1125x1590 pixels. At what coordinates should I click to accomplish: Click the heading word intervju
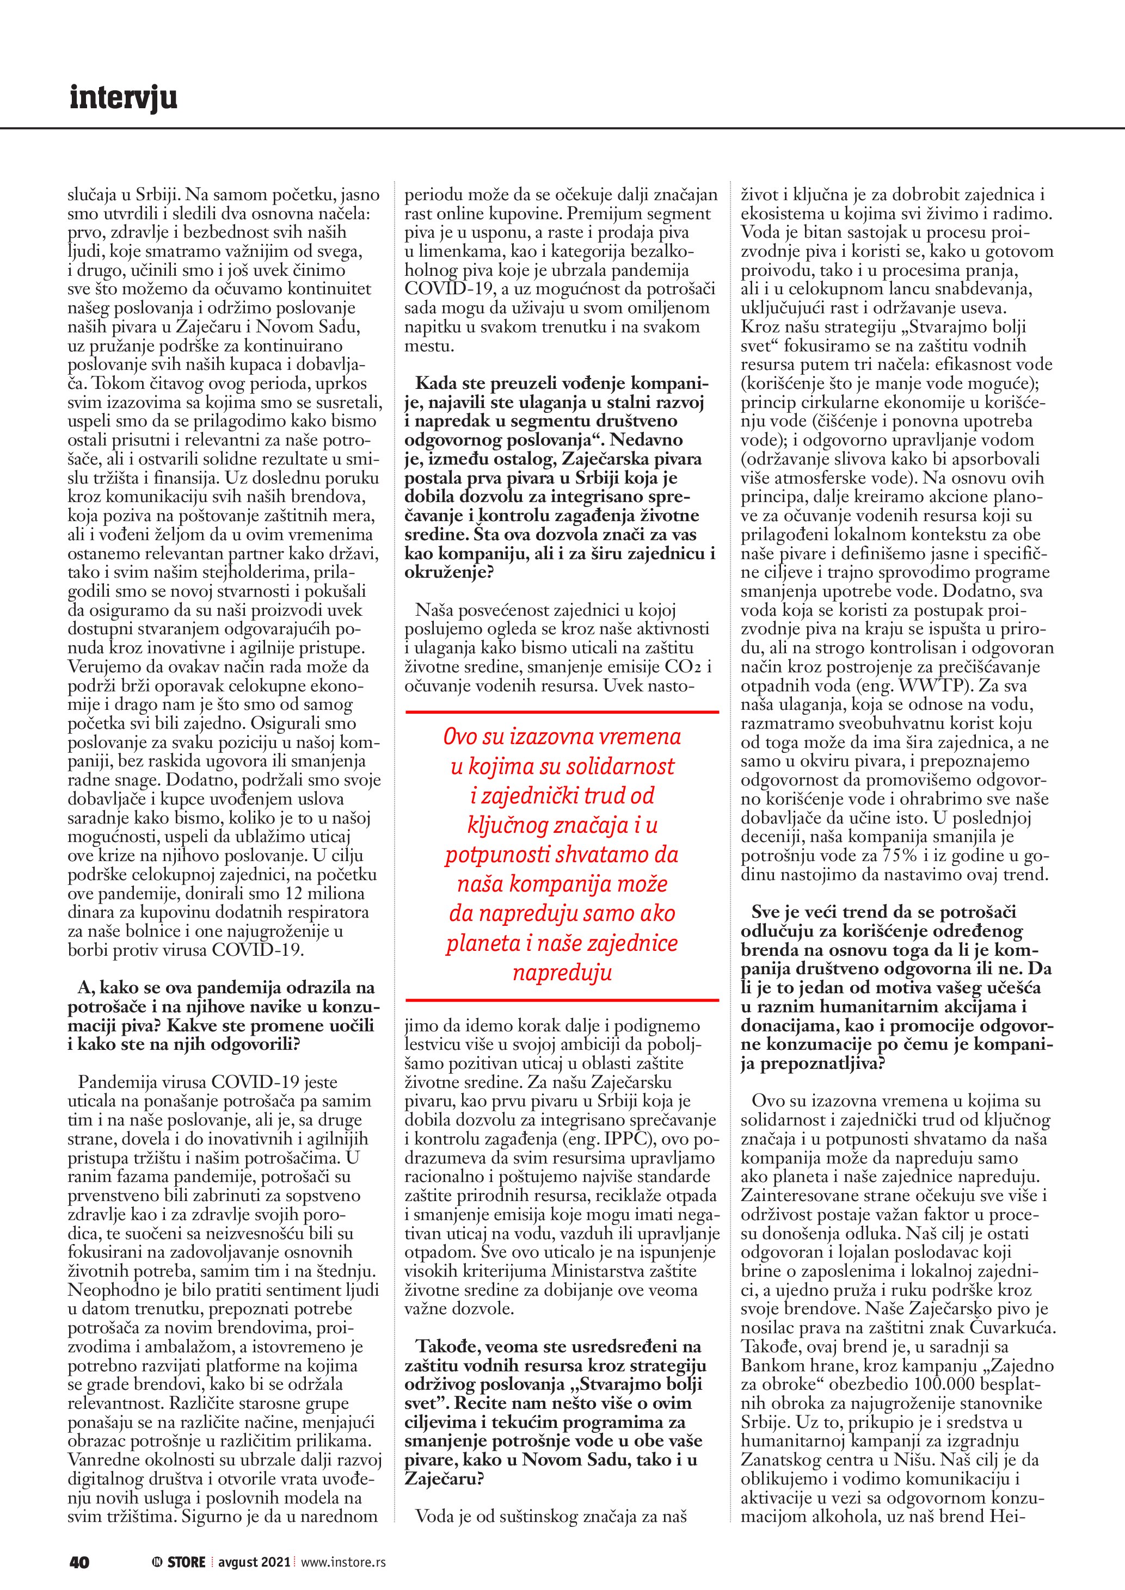coord(124,98)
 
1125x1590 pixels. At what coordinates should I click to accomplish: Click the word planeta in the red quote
coord(480,943)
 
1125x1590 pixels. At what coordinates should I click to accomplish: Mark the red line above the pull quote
coord(562,711)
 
